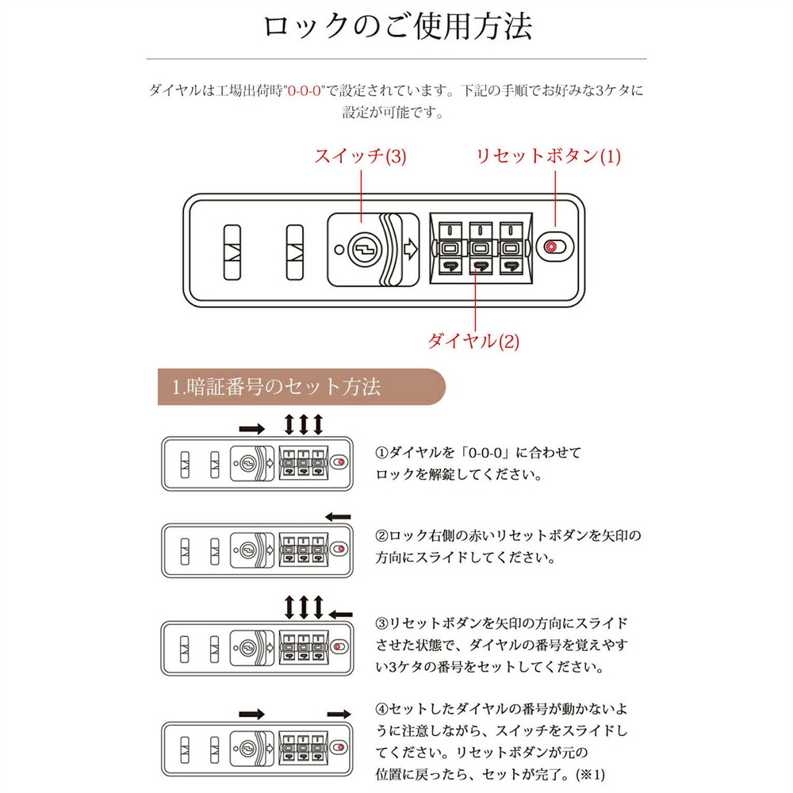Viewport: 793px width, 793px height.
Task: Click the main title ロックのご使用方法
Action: tap(397, 26)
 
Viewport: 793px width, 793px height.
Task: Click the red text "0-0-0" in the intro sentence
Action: tap(304, 91)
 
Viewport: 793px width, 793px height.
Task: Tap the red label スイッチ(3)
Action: tap(360, 155)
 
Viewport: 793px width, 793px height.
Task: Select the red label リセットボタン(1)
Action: tap(548, 155)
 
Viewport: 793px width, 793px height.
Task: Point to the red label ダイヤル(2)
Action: tap(473, 341)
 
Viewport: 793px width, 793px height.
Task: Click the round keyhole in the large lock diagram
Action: tap(365, 249)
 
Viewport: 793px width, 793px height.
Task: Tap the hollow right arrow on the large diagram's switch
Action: tap(410, 249)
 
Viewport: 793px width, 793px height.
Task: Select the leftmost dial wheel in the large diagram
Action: tap(450, 248)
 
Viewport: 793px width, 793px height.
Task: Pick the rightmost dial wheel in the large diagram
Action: tap(511, 248)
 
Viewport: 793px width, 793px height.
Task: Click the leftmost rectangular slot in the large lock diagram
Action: tap(232, 252)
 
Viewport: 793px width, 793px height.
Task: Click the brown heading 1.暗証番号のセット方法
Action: tap(276, 387)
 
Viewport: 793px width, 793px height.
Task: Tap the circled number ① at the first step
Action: tap(381, 452)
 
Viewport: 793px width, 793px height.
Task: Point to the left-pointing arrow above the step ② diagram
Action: tap(338, 517)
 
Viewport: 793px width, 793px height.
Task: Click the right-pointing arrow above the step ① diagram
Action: tap(252, 429)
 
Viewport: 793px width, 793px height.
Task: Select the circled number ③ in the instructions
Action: tap(381, 623)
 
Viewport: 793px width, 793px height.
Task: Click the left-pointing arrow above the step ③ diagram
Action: tap(340, 615)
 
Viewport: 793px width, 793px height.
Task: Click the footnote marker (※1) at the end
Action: tap(590, 774)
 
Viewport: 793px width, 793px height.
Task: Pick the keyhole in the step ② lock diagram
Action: tap(247, 550)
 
